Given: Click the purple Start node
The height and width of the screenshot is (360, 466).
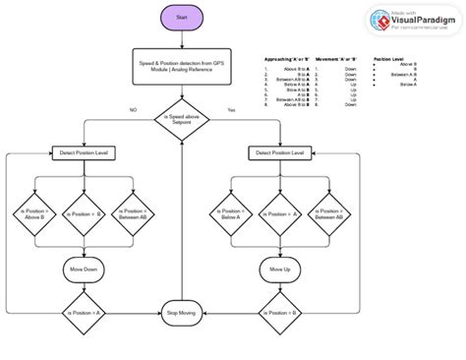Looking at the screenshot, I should [181, 18].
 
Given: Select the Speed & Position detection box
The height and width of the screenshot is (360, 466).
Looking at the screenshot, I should [181, 66].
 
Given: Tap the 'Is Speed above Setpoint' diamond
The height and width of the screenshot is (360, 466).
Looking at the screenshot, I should [181, 120].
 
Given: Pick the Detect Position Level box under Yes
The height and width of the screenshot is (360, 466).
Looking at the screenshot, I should [277, 153].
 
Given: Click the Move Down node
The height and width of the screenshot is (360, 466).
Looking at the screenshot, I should [83, 268].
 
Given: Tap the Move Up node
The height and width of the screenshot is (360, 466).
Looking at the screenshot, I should [279, 268].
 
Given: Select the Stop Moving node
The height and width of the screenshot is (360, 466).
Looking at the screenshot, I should [181, 312].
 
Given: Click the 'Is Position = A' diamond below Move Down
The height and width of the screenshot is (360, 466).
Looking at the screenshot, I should [83, 312].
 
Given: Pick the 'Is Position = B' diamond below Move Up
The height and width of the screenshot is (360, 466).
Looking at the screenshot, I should [279, 312].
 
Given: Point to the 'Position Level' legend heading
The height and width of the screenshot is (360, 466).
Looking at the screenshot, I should [389, 59].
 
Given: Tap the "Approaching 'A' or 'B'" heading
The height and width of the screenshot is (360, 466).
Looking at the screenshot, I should [286, 59].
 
